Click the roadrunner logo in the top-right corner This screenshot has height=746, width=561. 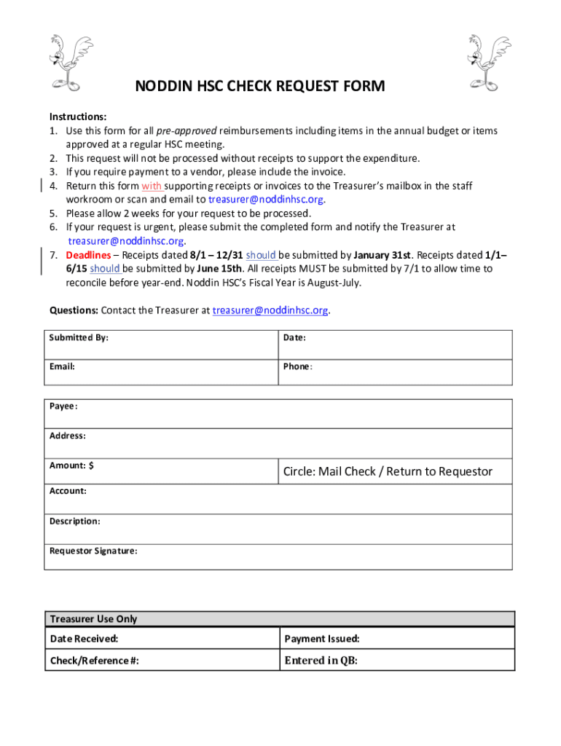click(484, 63)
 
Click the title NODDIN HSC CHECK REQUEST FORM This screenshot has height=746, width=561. click(260, 87)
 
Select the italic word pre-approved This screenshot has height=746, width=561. click(187, 131)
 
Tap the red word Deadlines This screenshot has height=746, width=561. click(89, 256)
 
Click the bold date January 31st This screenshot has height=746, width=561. click(382, 256)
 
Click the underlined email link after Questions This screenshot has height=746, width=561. click(270, 310)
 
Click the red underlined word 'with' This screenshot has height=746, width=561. click(152, 186)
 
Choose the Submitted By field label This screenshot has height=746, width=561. click(79, 338)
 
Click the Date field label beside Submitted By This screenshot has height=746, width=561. click(294, 338)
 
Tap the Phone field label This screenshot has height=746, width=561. click(297, 366)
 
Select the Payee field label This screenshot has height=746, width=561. click(63, 407)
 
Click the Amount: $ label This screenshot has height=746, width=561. click(71, 466)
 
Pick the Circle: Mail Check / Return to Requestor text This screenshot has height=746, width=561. click(388, 471)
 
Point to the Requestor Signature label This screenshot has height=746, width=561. click(93, 551)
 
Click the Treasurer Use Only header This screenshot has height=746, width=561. click(93, 619)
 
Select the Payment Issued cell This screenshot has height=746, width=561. click(322, 639)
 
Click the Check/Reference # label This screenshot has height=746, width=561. click(94, 661)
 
